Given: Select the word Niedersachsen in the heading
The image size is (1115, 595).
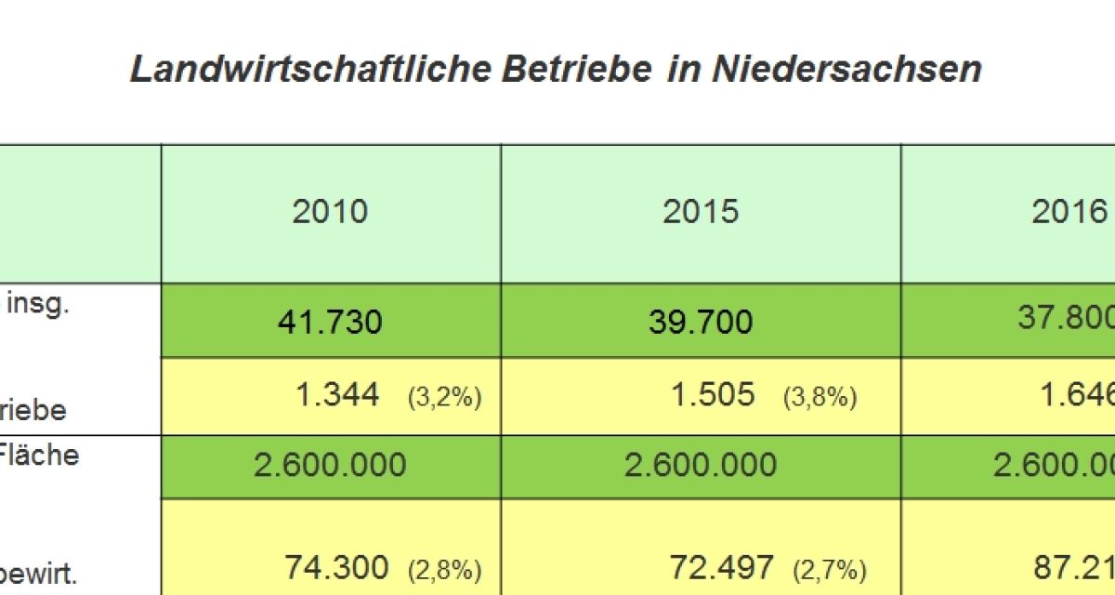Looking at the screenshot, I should [846, 71].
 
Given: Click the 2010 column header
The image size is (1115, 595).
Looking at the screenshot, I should [330, 212].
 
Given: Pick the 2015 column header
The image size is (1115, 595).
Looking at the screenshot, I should [701, 212].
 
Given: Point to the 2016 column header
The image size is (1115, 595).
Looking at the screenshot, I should [1069, 212].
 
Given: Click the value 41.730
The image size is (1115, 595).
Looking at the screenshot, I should [330, 323].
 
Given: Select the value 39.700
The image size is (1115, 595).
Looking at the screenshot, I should [701, 323].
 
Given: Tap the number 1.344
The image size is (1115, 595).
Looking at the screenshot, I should [337, 395].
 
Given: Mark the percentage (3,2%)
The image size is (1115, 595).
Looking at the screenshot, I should [444, 398].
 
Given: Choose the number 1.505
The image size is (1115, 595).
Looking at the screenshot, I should [713, 395].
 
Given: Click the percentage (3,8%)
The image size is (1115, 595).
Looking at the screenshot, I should [820, 398].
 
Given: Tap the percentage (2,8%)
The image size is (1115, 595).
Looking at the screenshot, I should [444, 568].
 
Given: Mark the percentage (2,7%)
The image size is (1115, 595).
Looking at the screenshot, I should [830, 568].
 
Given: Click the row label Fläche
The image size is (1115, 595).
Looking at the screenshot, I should [39, 456].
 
